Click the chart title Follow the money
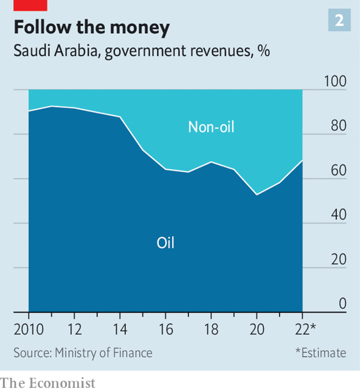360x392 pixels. pos(92,27)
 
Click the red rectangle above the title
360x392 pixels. pos(30,5)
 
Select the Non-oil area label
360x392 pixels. pos(211,127)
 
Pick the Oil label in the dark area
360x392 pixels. pos(165,243)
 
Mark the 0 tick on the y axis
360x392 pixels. pos(342,304)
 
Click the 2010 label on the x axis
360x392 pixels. pos(29,329)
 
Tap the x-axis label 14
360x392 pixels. pos(120,329)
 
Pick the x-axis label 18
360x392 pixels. pos(211,329)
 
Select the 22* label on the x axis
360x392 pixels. pos(306,329)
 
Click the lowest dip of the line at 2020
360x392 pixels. pos(257,194)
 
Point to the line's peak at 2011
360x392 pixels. pos(52,106)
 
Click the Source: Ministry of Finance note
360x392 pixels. pos(83,352)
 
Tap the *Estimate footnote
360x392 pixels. pos(320,352)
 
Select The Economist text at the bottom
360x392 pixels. pos(48,383)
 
